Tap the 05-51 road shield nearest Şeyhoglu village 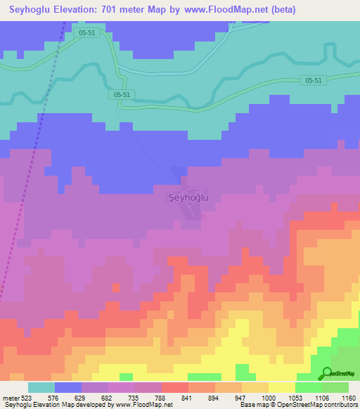tap(121, 93)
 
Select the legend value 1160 tap(348, 398)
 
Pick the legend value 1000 tap(269, 398)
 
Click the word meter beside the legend tap(10, 398)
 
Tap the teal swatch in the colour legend tap(41, 387)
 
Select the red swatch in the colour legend tap(174, 387)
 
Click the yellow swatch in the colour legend tap(281, 387)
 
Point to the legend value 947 tap(242, 398)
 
